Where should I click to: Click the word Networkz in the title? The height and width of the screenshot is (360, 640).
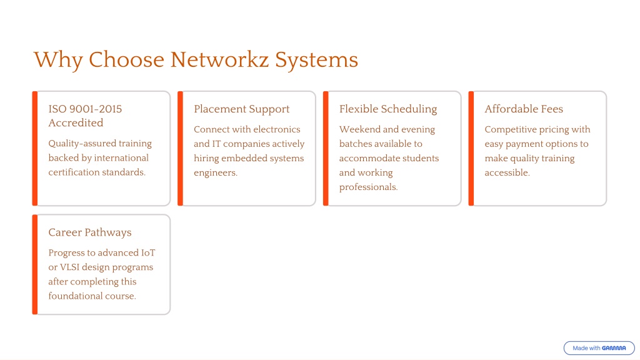click(x=219, y=60)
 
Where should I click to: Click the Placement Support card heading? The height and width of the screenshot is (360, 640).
click(x=242, y=109)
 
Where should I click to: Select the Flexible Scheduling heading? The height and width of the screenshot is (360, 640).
click(x=388, y=109)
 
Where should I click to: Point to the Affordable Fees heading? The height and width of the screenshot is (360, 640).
click(x=524, y=109)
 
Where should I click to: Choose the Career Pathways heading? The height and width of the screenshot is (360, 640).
click(x=90, y=232)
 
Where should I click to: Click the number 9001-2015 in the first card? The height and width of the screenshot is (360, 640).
click(x=96, y=109)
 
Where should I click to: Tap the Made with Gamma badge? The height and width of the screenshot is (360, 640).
click(x=599, y=348)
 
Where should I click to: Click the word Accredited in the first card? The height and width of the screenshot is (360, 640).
click(x=76, y=123)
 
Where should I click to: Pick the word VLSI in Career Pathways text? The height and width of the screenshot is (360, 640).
click(x=69, y=267)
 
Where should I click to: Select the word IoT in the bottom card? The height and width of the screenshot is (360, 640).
click(x=148, y=253)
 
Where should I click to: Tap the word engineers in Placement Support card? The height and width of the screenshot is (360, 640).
click(x=216, y=173)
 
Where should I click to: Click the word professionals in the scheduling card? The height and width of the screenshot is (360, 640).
click(x=368, y=187)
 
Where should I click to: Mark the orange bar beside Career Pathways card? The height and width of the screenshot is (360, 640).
click(x=35, y=264)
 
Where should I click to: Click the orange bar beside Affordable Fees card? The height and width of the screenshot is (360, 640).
click(x=471, y=149)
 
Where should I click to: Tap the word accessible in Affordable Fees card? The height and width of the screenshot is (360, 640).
click(x=507, y=172)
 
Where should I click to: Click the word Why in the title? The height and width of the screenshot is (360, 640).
click(x=58, y=61)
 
